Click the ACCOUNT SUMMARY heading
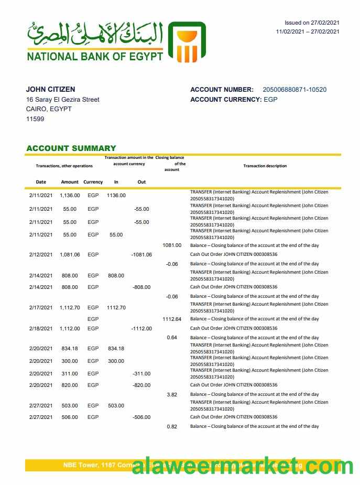tap(71, 148)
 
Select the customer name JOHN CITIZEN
tap(50, 90)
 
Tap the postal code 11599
tap(35, 119)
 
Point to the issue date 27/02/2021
tap(325, 23)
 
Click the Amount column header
tap(70, 182)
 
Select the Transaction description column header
tap(265, 166)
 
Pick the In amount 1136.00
tap(116, 196)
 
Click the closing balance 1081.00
tap(171, 245)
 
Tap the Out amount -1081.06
tap(141, 255)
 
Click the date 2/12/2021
tap(41, 255)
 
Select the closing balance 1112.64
tap(171, 319)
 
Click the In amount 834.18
tap(116, 349)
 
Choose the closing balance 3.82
tap(171, 394)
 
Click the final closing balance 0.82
tap(171, 427)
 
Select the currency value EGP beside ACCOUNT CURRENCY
tap(270, 100)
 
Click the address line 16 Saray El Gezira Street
tap(62, 100)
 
